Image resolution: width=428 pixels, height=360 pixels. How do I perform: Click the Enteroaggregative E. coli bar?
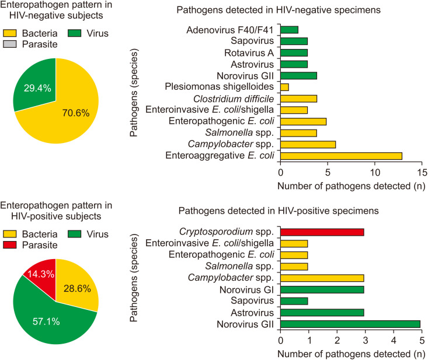click(x=341, y=156)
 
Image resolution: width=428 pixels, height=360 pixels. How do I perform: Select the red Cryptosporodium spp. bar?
click(x=322, y=232)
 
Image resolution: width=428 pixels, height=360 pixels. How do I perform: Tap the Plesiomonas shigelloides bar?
click(x=284, y=88)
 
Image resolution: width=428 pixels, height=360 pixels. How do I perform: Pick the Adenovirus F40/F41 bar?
click(x=290, y=30)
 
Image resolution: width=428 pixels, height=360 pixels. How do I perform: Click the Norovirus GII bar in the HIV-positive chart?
click(x=350, y=324)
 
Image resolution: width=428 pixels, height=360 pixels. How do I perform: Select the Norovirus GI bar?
click(x=322, y=289)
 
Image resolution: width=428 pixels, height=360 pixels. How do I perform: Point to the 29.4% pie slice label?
click(x=37, y=88)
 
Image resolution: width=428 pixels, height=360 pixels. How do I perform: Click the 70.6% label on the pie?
click(x=76, y=113)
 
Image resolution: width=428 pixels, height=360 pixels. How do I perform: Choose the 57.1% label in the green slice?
click(x=46, y=321)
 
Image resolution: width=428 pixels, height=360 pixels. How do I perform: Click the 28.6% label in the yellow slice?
click(x=77, y=289)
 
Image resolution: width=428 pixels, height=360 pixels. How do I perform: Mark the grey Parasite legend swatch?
click(x=10, y=44)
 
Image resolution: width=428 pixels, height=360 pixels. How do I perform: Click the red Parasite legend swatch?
click(x=10, y=245)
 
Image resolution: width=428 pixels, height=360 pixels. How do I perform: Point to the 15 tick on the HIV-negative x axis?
click(x=422, y=172)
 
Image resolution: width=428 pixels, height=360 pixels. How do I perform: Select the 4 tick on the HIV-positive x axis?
click(x=394, y=340)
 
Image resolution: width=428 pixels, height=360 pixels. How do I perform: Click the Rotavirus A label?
click(x=249, y=53)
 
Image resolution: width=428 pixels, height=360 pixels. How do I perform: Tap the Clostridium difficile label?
click(x=234, y=99)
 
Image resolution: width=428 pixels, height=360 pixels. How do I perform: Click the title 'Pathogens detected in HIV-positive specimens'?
click(x=279, y=211)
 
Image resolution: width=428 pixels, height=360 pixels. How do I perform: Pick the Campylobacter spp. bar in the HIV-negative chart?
click(x=308, y=145)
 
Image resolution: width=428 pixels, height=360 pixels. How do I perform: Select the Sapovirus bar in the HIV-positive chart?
click(x=294, y=301)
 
